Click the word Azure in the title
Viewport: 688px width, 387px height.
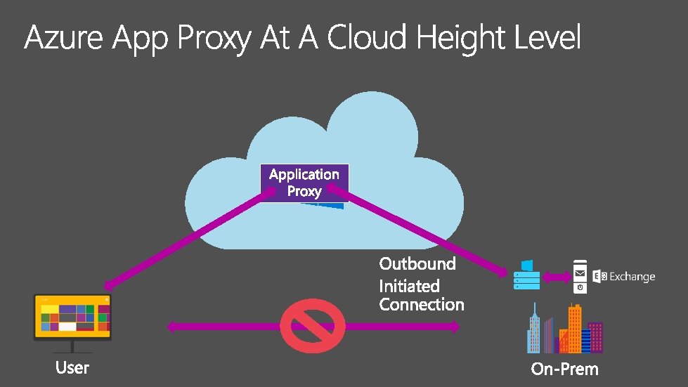click(x=64, y=37)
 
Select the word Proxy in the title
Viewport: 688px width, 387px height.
click(x=214, y=39)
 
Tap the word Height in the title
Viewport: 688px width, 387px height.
click(x=461, y=39)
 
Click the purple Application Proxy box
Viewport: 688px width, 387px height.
click(x=304, y=183)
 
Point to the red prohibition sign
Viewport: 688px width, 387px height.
click(x=313, y=326)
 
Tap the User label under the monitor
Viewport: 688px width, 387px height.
click(x=72, y=368)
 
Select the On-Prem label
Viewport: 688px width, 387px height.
click(x=565, y=369)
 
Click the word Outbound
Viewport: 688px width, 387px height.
click(x=417, y=264)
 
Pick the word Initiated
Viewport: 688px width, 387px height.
click(x=410, y=286)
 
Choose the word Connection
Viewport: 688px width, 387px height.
click(x=422, y=305)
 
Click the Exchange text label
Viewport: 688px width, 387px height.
click(x=632, y=277)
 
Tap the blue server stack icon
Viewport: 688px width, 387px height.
click(x=526, y=275)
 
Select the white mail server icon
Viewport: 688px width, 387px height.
click(x=580, y=277)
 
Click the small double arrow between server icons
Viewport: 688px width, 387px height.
click(x=557, y=277)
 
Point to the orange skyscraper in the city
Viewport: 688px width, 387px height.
click(x=574, y=328)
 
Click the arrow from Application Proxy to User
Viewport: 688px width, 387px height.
click(x=190, y=239)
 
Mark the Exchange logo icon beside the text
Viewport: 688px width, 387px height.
click(x=599, y=277)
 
